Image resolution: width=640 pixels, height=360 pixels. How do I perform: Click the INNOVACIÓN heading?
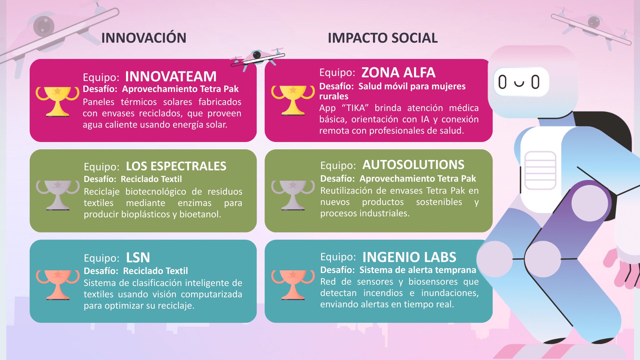[144, 38]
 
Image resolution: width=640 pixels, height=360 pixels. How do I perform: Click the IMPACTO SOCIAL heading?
[382, 38]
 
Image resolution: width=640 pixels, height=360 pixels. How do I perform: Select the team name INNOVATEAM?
[171, 77]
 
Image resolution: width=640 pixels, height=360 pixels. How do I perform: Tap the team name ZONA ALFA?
[398, 73]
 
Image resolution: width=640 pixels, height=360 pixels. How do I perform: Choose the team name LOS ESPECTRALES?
[176, 166]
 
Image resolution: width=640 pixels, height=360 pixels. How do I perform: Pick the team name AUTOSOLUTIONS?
[413, 165]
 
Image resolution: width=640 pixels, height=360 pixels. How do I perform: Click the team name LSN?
[138, 258]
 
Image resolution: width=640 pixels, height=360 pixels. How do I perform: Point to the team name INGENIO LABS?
[409, 257]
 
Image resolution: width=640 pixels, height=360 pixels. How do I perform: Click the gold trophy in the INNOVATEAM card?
[58, 101]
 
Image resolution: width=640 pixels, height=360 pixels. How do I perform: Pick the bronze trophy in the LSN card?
[58, 284]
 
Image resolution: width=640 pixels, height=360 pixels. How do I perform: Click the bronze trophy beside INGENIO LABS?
[293, 284]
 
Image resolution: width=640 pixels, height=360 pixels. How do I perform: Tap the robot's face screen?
[521, 82]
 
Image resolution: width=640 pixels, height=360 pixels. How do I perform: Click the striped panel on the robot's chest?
[540, 170]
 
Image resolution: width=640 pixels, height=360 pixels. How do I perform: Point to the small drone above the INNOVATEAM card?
[258, 58]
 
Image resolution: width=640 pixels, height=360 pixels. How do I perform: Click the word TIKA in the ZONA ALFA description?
[355, 108]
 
